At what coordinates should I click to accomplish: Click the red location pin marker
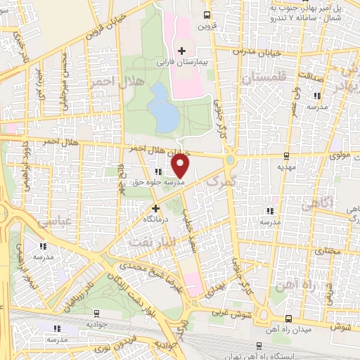coord(181,166)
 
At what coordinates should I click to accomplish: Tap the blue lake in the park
coord(164,108)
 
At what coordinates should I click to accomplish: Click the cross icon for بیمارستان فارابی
coord(181,51)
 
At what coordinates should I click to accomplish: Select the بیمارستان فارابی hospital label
coord(184,63)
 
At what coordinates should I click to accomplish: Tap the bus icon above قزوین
coord(205,15)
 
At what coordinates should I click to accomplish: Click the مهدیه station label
coord(285,168)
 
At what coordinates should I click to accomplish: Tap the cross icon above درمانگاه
coord(156,208)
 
